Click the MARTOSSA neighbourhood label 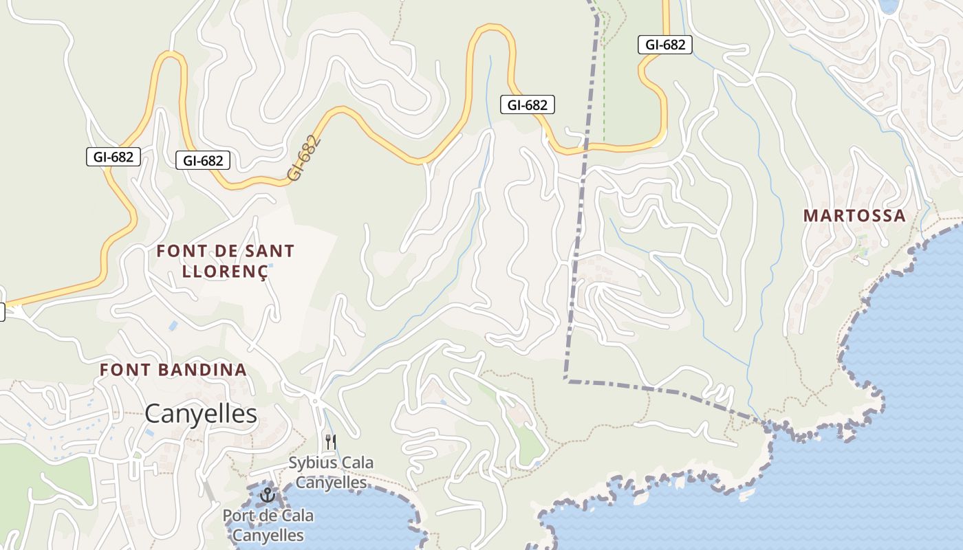point(854,215)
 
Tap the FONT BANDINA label point(173,370)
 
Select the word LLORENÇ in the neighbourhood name point(224,271)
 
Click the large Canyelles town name point(201,414)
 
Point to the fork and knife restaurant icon point(331,441)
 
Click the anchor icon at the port point(267,495)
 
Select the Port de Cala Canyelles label point(268,525)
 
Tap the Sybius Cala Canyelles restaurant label point(331,472)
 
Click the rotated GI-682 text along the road point(303,158)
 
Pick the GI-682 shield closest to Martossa point(664,45)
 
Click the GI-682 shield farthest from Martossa point(113,157)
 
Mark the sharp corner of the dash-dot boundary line point(565,379)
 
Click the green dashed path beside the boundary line point(604,82)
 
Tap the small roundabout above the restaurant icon point(314,400)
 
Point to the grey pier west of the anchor point(208,490)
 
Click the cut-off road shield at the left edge point(2,311)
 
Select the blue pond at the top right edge point(889,5)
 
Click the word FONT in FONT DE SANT point(177,251)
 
